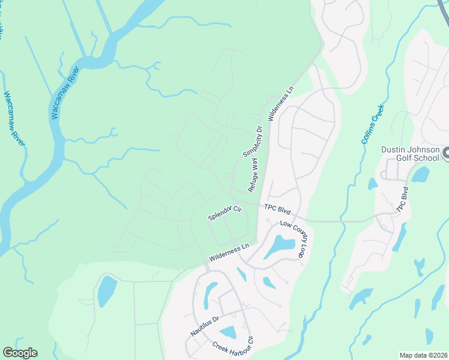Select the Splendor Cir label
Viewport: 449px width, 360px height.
[x=224, y=214]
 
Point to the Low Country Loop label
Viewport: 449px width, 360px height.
[x=292, y=239]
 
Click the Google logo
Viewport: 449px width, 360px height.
[x=20, y=353]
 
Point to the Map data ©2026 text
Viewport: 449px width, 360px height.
[x=423, y=355]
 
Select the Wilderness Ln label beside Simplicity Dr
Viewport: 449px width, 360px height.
[x=282, y=104]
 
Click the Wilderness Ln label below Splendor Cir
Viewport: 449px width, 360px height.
[x=229, y=253]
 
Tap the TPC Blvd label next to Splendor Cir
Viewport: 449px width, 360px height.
[x=277, y=211]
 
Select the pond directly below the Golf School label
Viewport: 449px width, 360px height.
[x=420, y=175]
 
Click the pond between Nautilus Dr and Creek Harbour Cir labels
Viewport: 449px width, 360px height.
[x=228, y=332]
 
